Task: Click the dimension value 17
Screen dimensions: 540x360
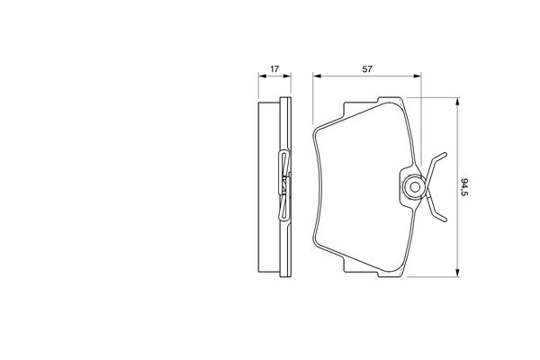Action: (274, 69)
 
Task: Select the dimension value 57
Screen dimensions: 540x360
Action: (367, 69)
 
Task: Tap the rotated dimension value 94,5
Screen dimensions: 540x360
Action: (464, 187)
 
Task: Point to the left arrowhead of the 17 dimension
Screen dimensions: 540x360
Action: (262, 76)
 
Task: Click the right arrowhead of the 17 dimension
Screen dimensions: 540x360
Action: (287, 76)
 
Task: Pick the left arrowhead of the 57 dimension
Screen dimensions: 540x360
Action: (317, 76)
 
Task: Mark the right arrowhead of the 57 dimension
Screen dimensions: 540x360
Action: (417, 76)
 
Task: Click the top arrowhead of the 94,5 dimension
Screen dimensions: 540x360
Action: (457, 102)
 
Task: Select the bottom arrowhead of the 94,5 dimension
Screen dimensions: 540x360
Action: (457, 273)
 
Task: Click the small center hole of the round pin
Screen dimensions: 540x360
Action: (415, 187)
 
